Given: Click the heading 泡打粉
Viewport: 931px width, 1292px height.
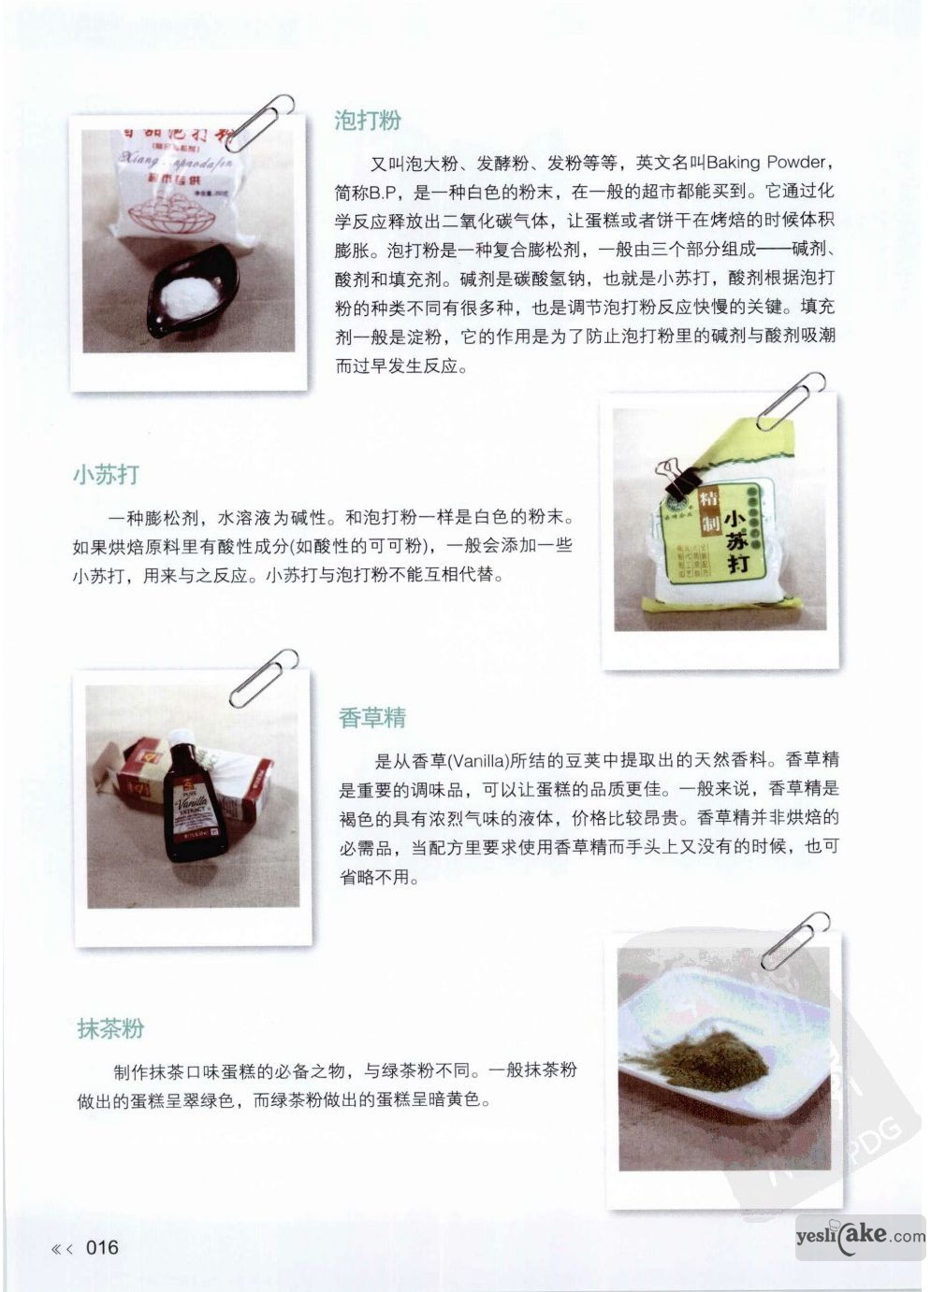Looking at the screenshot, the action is click(x=368, y=122).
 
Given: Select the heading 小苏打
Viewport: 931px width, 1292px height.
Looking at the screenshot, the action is click(x=107, y=475).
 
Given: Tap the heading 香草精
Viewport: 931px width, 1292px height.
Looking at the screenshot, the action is click(x=372, y=718).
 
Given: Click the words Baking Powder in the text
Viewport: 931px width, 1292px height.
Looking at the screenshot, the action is click(x=766, y=164).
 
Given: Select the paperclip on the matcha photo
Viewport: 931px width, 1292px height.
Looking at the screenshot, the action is click(x=795, y=940).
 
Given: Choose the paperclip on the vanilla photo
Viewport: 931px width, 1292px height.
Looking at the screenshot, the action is click(x=264, y=679).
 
